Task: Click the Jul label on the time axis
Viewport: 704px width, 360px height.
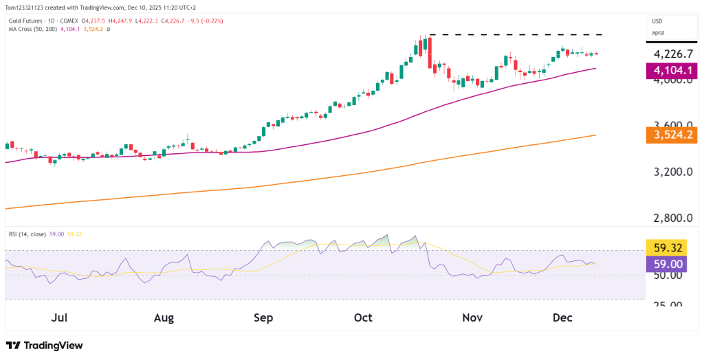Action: click(59, 318)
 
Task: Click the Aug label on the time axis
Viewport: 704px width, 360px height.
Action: click(164, 318)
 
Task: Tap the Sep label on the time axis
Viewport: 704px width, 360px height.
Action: click(263, 318)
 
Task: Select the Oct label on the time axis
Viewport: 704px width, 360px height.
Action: click(363, 318)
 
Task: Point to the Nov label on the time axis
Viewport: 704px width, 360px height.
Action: click(472, 318)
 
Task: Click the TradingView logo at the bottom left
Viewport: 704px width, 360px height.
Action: click(44, 346)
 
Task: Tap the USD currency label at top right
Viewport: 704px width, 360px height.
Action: click(658, 21)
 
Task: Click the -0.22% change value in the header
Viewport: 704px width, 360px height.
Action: click(214, 21)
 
